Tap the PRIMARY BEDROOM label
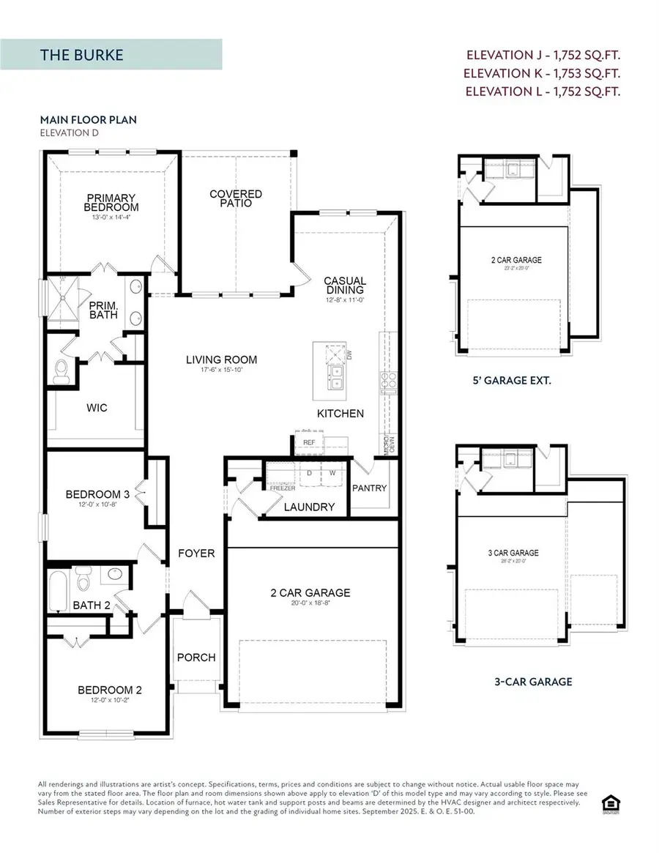click(x=110, y=202)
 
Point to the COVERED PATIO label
click(x=236, y=198)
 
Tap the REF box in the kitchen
click(x=308, y=443)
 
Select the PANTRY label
click(x=369, y=488)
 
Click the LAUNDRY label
click(x=310, y=507)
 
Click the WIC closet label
click(x=97, y=407)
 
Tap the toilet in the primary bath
click(x=62, y=367)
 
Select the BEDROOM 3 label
click(x=97, y=494)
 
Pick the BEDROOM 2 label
click(x=110, y=690)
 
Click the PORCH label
click(x=196, y=658)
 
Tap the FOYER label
click(x=196, y=553)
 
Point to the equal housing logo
click(x=608, y=804)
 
